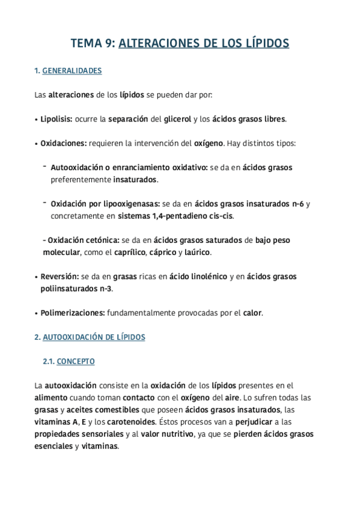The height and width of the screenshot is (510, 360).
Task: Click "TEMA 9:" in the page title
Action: click(93, 43)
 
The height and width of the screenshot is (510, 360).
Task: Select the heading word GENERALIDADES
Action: click(72, 71)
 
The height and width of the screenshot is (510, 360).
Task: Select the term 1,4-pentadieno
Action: click(184, 216)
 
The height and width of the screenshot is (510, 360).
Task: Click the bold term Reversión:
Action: click(59, 277)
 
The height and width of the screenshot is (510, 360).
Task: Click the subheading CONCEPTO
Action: click(76, 361)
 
